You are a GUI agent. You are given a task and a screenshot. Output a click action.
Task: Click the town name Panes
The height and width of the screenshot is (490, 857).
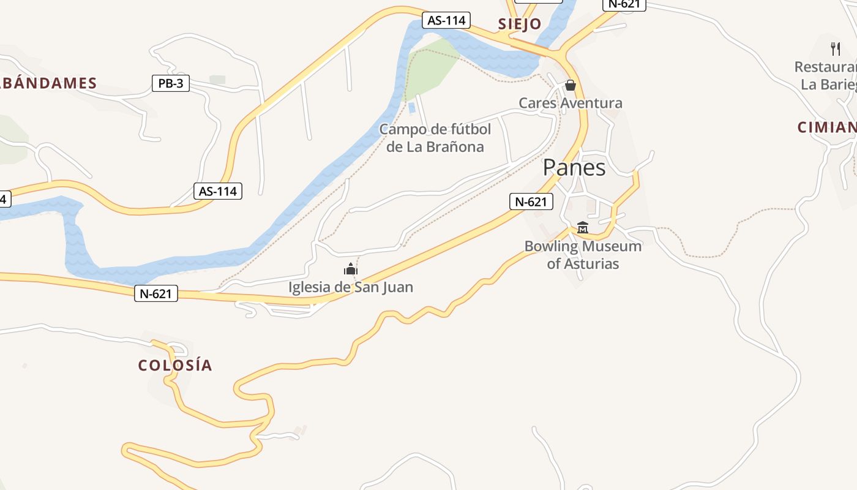(x=574, y=168)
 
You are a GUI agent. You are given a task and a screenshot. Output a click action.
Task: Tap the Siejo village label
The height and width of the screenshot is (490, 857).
(x=519, y=24)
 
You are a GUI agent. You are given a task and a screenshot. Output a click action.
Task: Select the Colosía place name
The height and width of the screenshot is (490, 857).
(x=175, y=366)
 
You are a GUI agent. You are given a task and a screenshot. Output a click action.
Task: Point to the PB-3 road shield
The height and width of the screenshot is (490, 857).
(x=170, y=84)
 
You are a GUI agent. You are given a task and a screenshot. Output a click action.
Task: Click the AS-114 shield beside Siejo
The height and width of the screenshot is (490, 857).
(x=446, y=20)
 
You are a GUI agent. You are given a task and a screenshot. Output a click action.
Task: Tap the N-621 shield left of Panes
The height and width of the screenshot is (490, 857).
(x=531, y=202)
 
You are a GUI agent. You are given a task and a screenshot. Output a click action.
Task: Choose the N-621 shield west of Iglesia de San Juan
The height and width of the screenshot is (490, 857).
(x=156, y=294)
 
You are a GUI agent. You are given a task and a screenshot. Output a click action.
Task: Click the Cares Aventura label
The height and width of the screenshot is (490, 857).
(x=571, y=103)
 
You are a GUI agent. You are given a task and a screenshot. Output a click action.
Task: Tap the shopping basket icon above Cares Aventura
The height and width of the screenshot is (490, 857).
(x=571, y=85)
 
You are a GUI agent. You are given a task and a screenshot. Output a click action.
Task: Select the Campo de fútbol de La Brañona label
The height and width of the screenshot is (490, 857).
(x=435, y=138)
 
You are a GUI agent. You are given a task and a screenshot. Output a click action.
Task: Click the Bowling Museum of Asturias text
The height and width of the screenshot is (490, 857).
(x=583, y=255)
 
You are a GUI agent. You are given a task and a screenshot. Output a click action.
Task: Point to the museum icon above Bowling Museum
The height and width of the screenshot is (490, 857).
(x=583, y=227)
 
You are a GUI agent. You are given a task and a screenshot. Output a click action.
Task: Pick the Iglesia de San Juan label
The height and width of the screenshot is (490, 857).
(x=351, y=287)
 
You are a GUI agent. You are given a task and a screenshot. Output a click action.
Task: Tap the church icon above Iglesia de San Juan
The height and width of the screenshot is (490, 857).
(x=351, y=269)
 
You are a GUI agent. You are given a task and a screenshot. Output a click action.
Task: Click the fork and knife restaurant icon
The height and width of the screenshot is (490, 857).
(x=835, y=48)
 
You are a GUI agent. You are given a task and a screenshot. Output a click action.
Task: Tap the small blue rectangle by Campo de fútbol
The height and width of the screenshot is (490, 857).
(x=411, y=108)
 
